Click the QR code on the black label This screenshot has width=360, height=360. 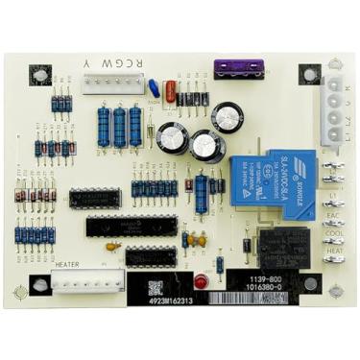point(156,287)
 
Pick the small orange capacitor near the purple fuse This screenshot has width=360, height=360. point(170,92)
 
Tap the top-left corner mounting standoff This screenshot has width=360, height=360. point(40,74)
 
